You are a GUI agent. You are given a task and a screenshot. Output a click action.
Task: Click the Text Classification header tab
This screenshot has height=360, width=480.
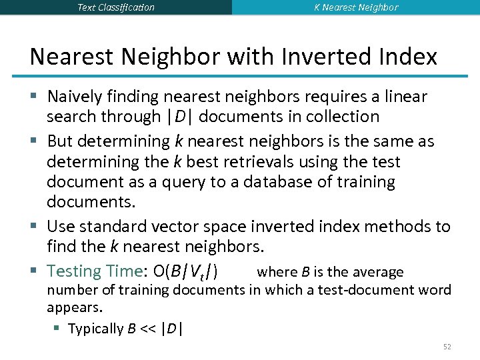click(x=115, y=7)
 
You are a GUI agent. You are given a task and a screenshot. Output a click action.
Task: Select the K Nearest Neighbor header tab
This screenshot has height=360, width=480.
click(x=356, y=7)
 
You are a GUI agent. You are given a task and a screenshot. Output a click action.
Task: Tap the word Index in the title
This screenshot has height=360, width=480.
click(x=409, y=57)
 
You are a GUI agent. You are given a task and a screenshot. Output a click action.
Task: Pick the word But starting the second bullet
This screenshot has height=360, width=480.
click(x=61, y=141)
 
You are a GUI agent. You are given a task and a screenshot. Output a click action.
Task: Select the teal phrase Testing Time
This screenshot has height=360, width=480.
click(x=92, y=271)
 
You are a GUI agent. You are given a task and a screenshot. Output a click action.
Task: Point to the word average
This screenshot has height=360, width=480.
click(x=378, y=272)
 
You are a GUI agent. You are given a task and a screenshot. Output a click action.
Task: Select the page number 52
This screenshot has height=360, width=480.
click(x=447, y=347)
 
